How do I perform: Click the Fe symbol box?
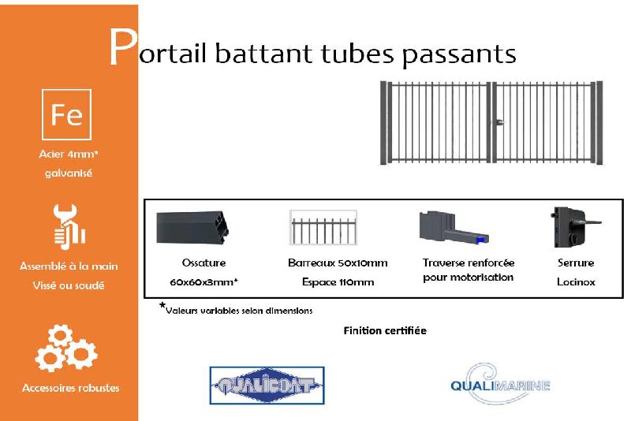coord(66,115)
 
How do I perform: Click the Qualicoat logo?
coord(267,386)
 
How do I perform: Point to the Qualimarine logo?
coord(500,384)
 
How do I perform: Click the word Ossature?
coord(203,263)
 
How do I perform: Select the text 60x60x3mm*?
coord(203,281)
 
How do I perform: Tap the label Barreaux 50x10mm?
coord(338,263)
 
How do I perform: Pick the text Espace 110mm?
coord(338,281)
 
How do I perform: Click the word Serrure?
coord(576,263)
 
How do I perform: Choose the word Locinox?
coord(576,281)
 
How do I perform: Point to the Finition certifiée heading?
coord(385,330)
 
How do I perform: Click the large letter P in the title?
coord(121,49)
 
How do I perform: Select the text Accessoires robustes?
coord(71,388)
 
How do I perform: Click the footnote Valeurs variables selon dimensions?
coord(238,310)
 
